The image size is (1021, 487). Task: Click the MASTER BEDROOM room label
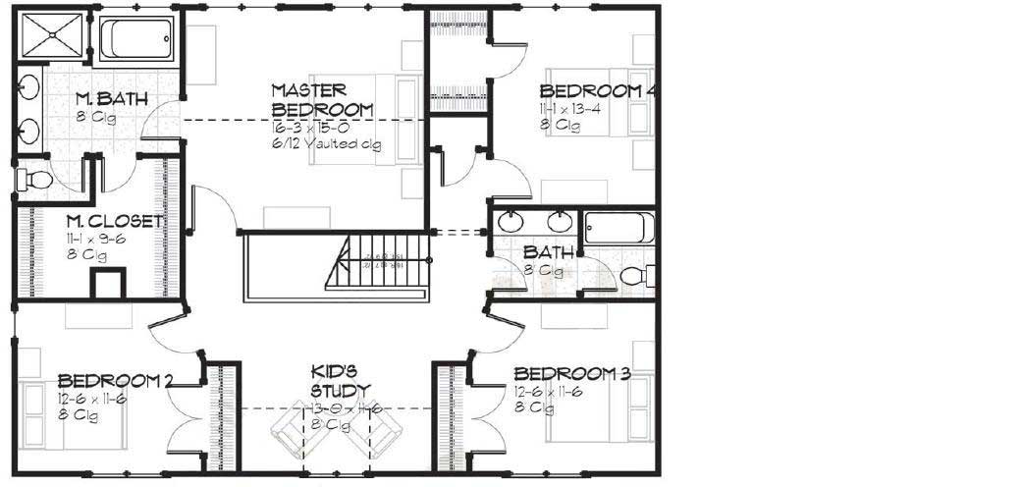tap(321, 98)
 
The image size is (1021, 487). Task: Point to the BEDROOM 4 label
tap(596, 90)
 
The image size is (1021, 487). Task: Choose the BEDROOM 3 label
tap(571, 373)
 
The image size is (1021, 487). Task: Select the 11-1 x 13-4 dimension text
tap(570, 108)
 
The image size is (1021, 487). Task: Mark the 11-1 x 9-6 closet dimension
tap(97, 239)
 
